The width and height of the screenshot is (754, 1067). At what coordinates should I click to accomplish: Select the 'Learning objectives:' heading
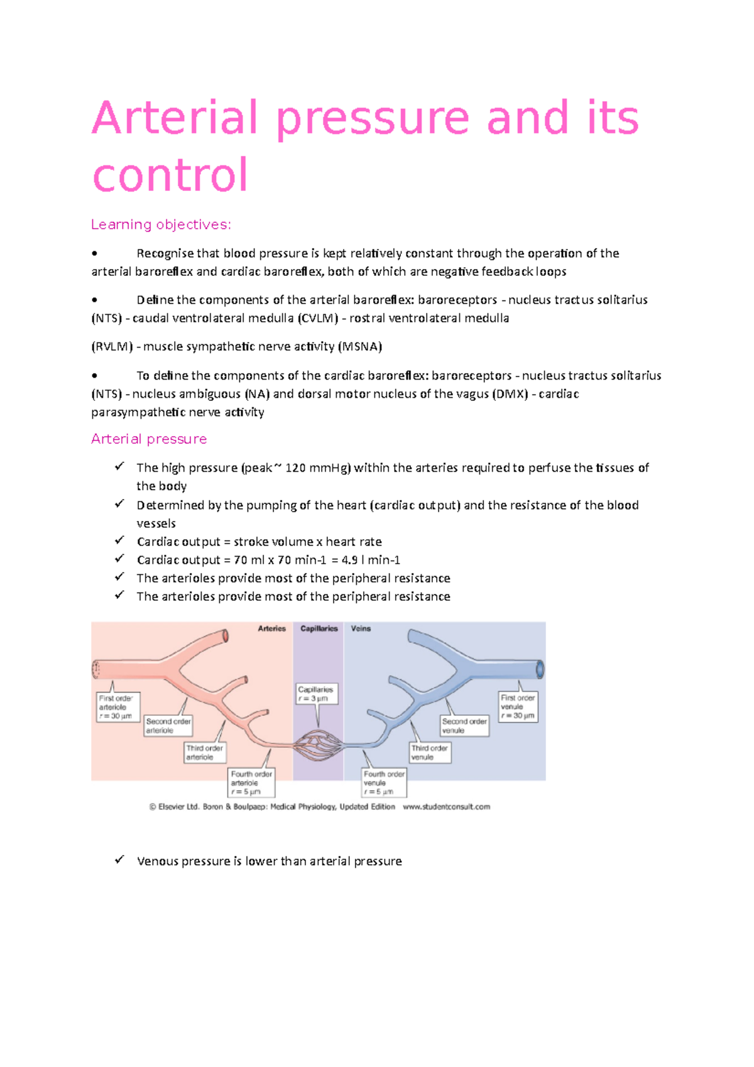[161, 224]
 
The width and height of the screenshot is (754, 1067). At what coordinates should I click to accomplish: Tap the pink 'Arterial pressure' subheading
[149, 439]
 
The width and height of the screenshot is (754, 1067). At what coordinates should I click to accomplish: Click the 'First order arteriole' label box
[117, 707]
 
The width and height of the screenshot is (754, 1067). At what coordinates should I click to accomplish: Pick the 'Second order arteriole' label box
[168, 726]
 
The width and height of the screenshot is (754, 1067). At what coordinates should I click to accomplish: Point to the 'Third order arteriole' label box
[205, 752]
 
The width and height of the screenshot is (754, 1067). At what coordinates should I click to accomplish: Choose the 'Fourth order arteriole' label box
[251, 783]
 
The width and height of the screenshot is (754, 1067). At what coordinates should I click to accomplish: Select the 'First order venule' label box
[518, 706]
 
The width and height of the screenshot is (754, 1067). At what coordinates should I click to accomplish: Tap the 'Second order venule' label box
[464, 726]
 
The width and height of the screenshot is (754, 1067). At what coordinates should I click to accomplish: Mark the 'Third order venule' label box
[430, 752]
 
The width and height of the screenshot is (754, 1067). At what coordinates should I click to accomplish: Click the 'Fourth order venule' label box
[384, 783]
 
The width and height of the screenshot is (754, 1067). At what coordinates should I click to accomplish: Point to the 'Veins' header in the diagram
[361, 628]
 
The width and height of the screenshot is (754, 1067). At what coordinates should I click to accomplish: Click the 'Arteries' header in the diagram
[271, 628]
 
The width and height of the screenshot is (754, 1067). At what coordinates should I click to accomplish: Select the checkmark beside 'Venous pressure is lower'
[119, 860]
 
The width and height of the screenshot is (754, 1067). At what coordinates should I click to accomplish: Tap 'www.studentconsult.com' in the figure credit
[446, 807]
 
